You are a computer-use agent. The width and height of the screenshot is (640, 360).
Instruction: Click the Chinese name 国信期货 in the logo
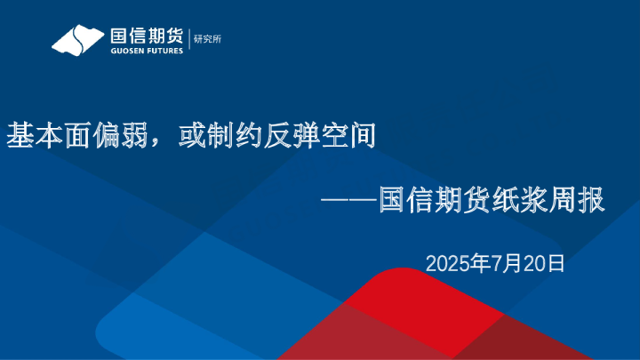(147, 36)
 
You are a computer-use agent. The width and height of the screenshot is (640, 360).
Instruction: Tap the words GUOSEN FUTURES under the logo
(147, 52)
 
